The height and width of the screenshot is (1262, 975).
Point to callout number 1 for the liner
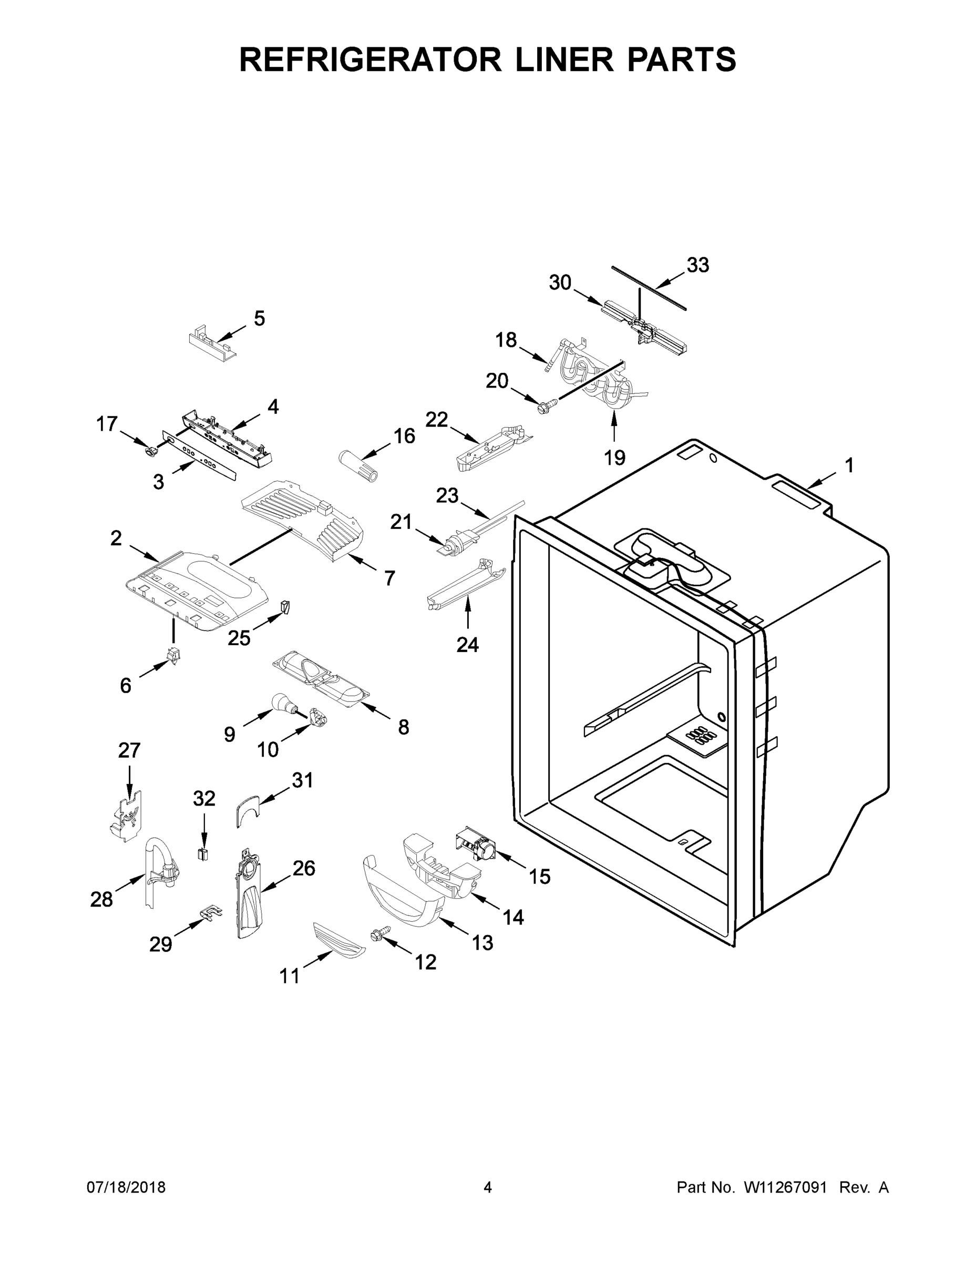(x=848, y=465)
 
